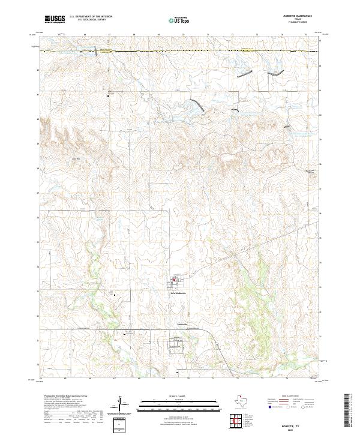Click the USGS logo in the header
[55, 19]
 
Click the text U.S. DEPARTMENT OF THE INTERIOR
[90, 17]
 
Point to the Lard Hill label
[76, 158]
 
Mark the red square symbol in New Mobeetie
[175, 278]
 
